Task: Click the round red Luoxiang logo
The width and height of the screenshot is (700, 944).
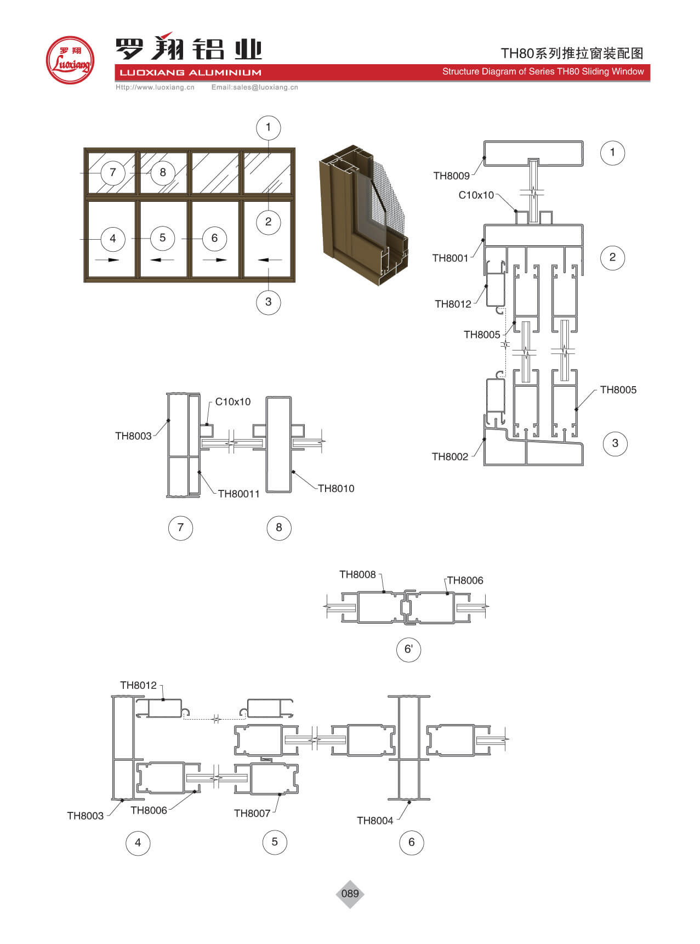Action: [70, 60]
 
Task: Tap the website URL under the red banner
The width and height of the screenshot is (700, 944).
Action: [155, 87]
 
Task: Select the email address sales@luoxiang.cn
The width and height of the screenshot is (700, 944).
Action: [255, 87]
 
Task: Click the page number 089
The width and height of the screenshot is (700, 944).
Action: [350, 894]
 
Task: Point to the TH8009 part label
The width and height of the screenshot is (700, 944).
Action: [451, 176]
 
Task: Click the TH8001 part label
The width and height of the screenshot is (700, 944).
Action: [450, 258]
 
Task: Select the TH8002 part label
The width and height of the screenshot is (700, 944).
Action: [450, 457]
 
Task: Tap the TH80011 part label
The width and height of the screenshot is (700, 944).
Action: [238, 494]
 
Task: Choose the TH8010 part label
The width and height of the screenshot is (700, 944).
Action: [336, 489]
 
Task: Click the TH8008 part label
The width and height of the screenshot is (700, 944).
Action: [357, 575]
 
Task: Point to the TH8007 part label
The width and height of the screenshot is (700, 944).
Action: [252, 813]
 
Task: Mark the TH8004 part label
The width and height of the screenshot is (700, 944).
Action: [375, 821]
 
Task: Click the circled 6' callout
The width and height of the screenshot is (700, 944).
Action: [408, 649]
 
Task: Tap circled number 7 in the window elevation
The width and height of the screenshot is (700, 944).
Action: [113, 173]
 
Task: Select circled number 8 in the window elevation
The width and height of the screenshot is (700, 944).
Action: [162, 173]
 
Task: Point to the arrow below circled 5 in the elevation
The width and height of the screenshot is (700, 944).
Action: [162, 259]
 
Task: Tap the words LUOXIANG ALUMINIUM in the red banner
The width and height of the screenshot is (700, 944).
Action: [190, 72]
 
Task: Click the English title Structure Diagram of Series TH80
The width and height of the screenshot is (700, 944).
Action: [543, 72]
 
